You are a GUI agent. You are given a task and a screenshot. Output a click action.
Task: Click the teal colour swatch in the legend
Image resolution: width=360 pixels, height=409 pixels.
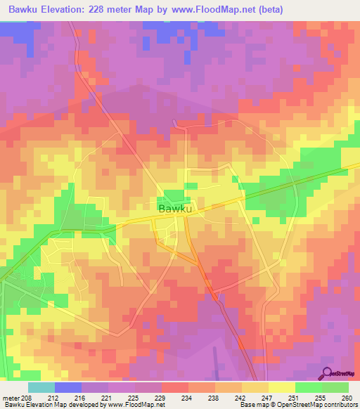(41, 387)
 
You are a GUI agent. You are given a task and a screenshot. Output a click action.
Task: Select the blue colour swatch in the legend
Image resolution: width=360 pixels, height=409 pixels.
(67, 387)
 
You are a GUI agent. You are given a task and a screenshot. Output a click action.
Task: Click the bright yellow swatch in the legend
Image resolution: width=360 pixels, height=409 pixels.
(281, 387)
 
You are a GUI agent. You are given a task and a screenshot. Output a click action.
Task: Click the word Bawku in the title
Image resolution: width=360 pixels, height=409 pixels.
(22, 9)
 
